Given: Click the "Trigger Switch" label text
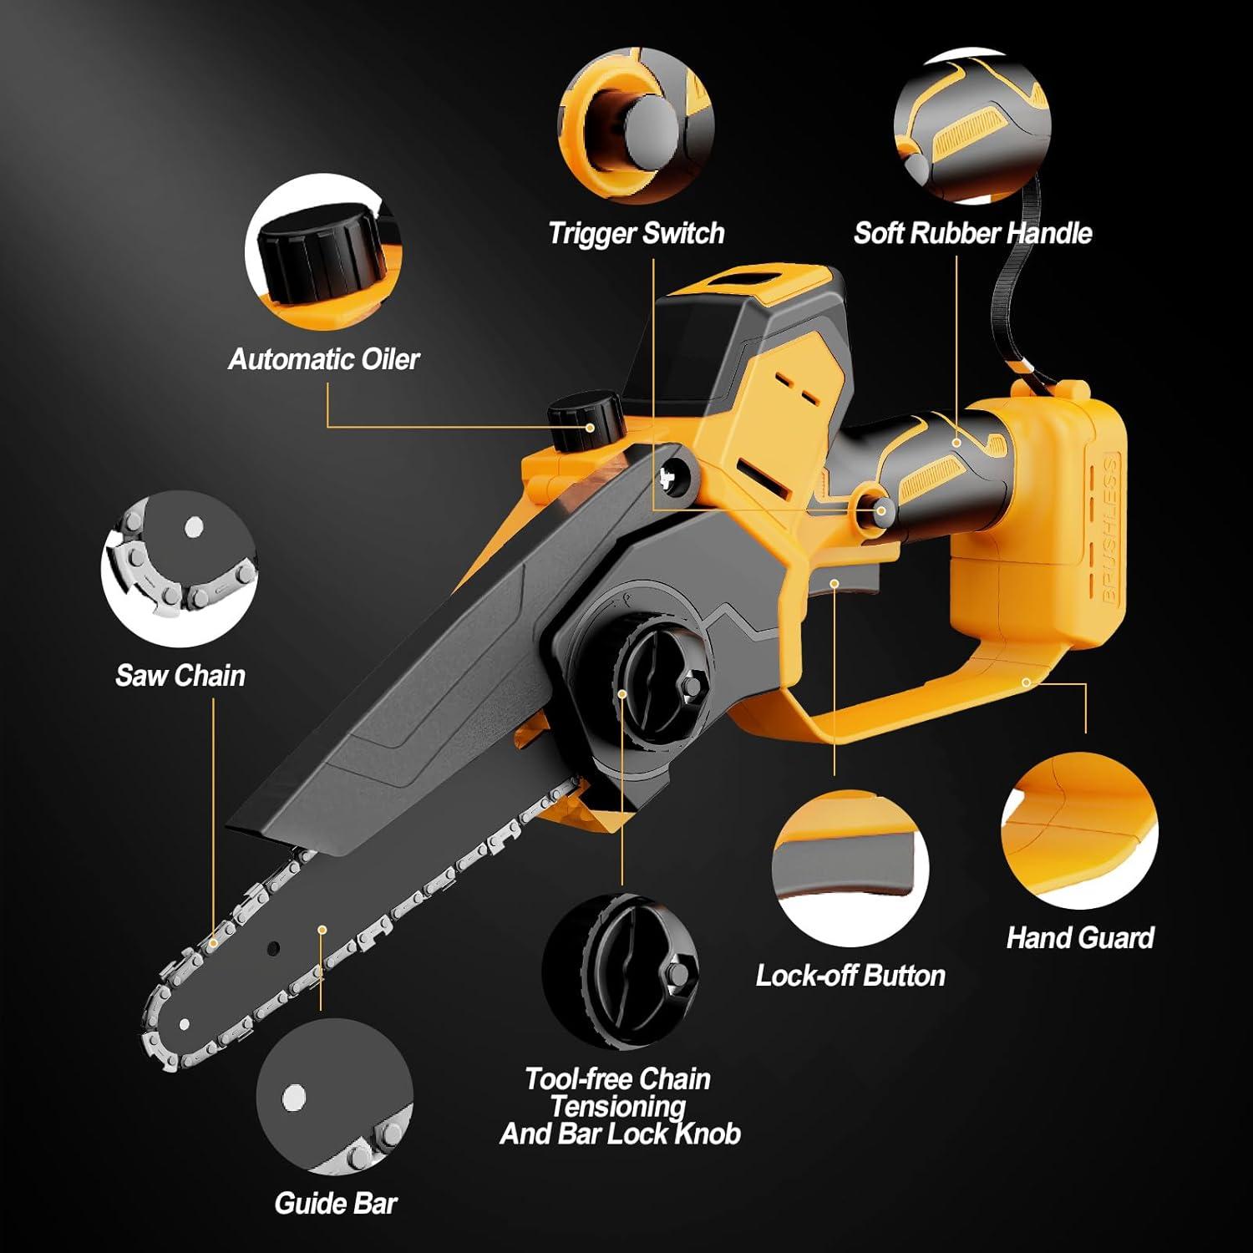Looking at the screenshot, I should (x=636, y=233).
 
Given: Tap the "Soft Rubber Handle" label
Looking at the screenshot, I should (x=972, y=233).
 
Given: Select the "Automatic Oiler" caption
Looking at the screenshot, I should (x=323, y=359).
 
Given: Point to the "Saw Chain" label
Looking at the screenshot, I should (x=180, y=675).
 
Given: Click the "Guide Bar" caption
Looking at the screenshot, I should (x=336, y=1203).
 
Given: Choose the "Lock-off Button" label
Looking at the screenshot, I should (x=850, y=975).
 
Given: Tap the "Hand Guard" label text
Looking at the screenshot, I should (x=1080, y=937).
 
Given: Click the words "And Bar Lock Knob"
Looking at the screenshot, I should (x=620, y=1134).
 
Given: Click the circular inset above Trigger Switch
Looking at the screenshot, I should (x=636, y=125).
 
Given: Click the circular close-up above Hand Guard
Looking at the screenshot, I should (x=1079, y=831).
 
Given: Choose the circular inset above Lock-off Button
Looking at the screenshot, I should (x=850, y=869).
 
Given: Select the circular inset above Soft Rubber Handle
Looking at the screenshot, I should (x=971, y=125).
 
